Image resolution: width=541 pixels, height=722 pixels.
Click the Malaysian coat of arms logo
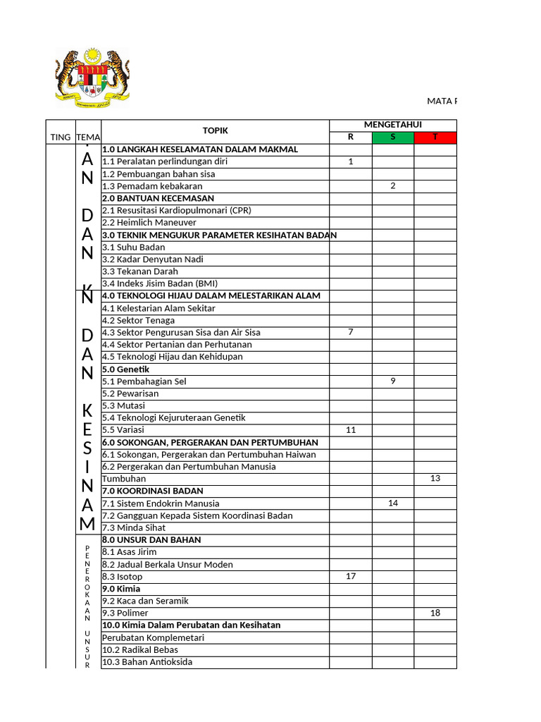(92, 76)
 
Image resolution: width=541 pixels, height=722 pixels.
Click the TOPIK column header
(216, 130)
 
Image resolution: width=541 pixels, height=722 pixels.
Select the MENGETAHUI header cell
(392, 125)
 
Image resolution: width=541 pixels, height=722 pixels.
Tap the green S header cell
(392, 137)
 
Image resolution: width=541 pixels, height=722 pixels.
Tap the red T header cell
(435, 137)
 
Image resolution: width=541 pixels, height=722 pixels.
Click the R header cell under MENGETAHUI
(351, 137)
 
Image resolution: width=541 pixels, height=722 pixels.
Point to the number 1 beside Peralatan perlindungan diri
(351, 161)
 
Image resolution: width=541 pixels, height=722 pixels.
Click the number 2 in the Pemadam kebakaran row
(392, 186)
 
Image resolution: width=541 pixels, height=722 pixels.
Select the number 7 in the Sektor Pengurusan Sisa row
(351, 332)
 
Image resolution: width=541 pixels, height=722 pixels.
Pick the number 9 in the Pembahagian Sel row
(392, 381)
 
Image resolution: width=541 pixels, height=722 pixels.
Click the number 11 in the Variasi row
(351, 429)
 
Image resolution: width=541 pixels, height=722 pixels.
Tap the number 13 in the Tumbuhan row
(435, 479)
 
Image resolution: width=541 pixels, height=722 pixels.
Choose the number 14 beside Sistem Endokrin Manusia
(392, 503)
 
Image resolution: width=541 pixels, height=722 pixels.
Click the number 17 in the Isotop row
(351, 576)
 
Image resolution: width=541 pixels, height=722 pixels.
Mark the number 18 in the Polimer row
(435, 613)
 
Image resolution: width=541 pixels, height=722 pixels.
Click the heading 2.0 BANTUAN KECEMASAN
(158, 198)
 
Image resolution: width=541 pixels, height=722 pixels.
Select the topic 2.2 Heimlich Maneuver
(149, 223)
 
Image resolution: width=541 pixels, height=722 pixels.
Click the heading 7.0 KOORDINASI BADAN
(152, 491)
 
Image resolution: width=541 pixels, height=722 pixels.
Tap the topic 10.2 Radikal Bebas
(140, 649)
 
